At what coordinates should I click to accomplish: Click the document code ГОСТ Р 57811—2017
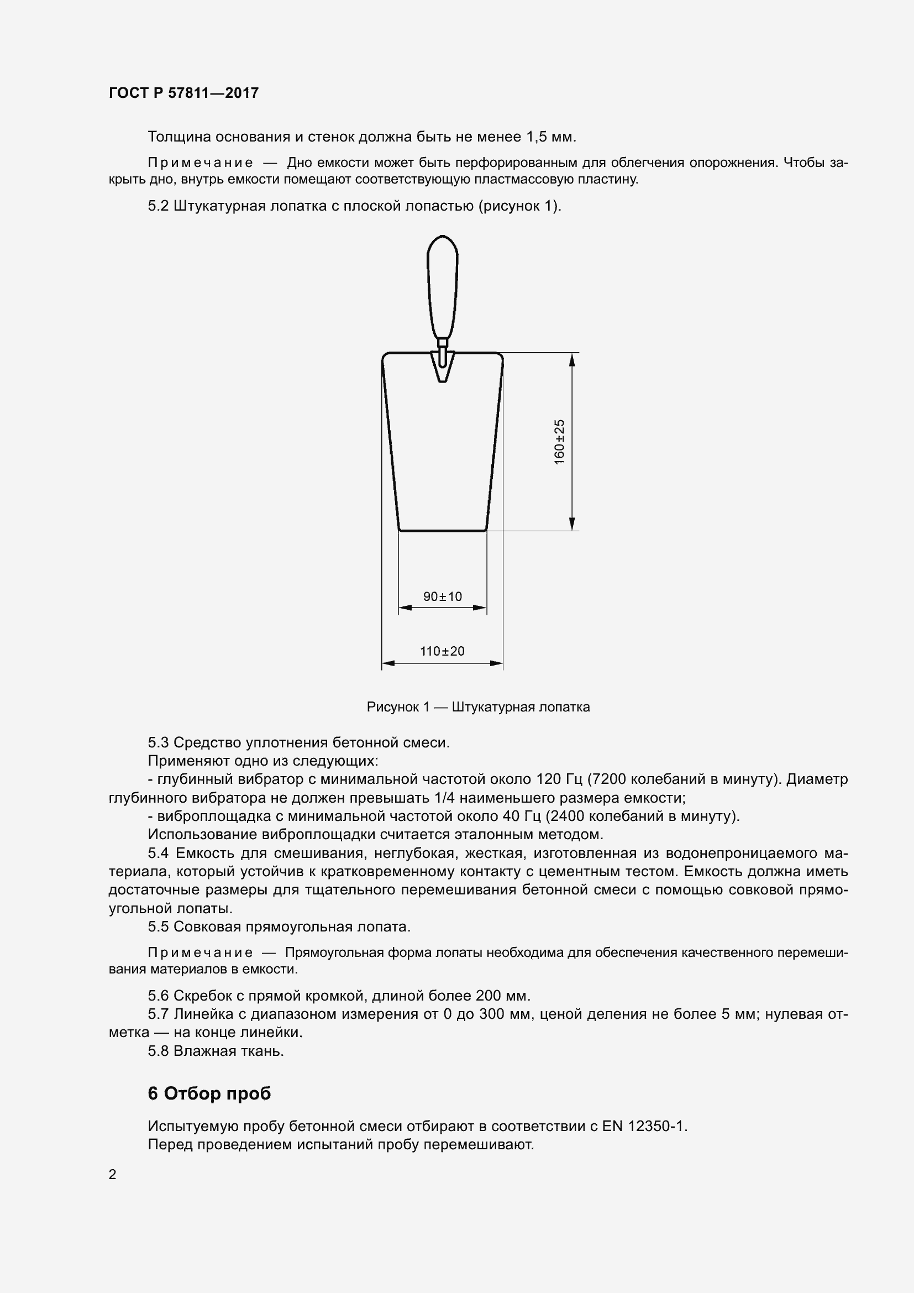183,93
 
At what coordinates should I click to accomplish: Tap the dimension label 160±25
559,442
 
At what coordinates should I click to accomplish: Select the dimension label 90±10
443,596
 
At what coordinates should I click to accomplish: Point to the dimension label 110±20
443,651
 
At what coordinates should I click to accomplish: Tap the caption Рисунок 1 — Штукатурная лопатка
478,707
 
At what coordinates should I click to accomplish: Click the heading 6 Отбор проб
209,1093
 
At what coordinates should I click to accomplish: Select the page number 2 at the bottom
113,1174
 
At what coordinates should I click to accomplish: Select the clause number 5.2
158,206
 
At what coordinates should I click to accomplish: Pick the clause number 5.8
158,1051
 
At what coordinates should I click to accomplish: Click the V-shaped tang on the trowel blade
443,367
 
